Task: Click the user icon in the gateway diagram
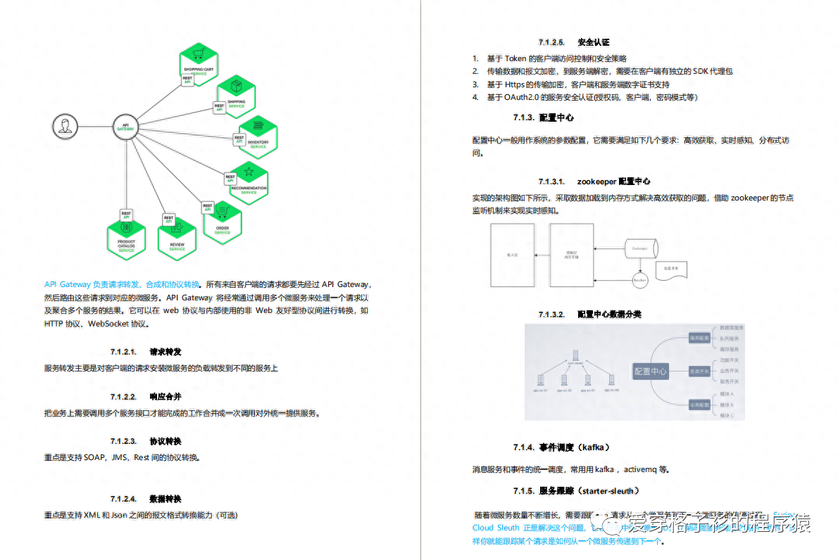click(64, 127)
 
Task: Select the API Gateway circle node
click(125, 127)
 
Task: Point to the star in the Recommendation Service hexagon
click(248, 171)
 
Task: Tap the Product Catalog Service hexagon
click(127, 240)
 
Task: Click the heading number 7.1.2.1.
click(123, 351)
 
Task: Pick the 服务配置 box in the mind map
click(699, 338)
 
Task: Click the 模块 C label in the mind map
click(727, 416)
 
